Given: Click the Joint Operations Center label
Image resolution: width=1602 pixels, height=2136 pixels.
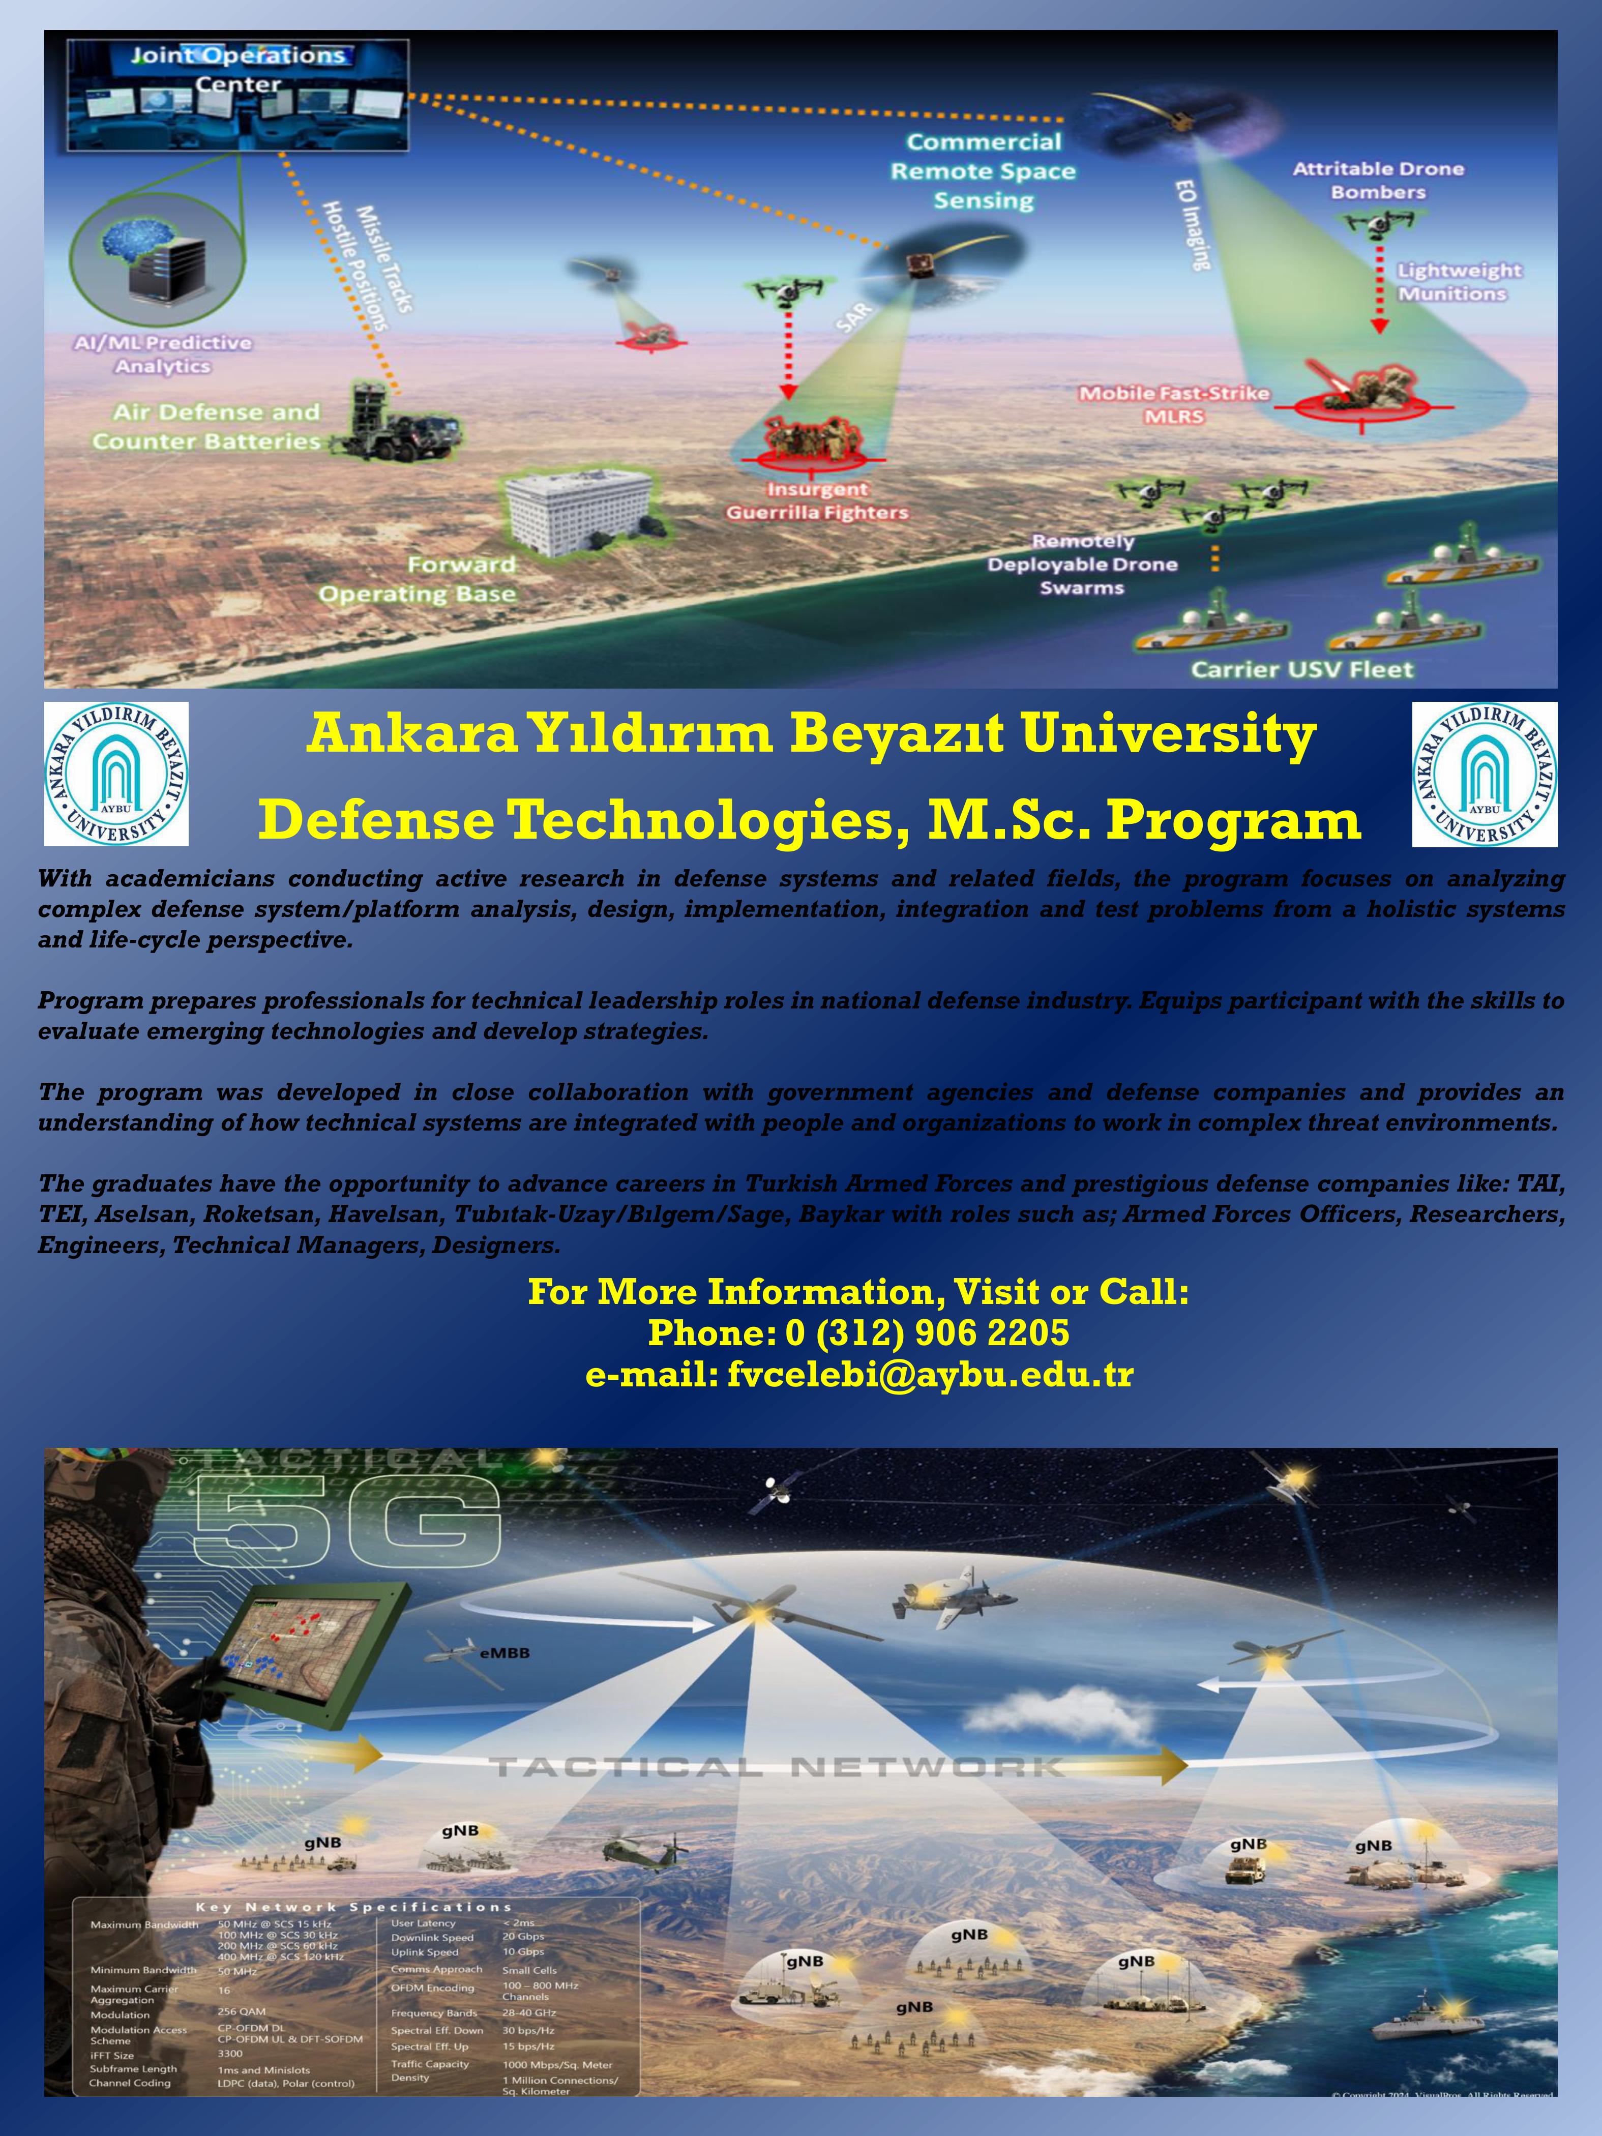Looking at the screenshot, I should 238,70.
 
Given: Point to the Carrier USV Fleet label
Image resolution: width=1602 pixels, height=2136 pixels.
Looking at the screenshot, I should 1301,669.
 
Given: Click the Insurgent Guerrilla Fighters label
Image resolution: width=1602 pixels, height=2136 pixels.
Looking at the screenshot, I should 817,501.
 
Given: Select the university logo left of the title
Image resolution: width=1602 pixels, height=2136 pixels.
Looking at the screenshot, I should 116,775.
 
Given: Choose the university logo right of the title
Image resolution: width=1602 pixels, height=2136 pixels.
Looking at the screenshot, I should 1484,775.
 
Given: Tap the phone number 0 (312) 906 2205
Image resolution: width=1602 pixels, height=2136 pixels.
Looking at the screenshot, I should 927,1333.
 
